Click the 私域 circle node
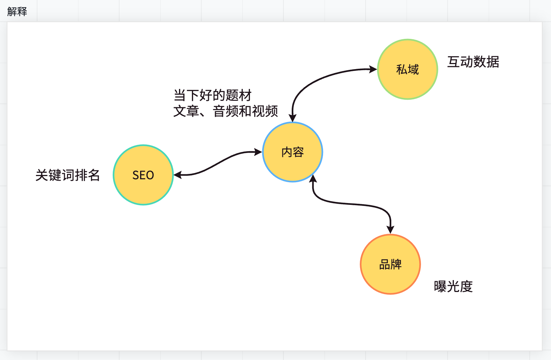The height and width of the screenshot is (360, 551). [x=408, y=69]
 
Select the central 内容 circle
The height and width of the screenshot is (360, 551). [x=292, y=152]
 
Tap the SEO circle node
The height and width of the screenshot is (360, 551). [x=143, y=175]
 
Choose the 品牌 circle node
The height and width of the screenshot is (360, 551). [x=390, y=264]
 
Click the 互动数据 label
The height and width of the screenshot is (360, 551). [x=473, y=62]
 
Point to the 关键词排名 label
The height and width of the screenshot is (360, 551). [x=68, y=175]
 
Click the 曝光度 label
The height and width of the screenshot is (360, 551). [x=453, y=287]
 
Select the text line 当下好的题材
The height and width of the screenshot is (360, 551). [x=212, y=95]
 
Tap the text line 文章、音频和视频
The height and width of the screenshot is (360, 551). [x=225, y=111]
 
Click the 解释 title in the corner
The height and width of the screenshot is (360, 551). [x=17, y=12]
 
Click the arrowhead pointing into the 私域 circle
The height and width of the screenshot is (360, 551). [x=373, y=69]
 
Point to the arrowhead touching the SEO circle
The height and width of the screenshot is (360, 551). [x=178, y=175]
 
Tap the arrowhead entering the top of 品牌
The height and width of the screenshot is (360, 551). [x=390, y=230]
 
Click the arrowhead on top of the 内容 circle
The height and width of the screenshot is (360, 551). [x=292, y=118]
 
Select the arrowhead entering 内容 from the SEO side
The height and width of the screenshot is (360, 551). [x=258, y=152]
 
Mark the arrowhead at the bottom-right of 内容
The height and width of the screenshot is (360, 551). [x=313, y=179]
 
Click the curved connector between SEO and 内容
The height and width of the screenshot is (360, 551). [x=218, y=163]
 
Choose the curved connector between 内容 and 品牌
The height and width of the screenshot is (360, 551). [x=352, y=204]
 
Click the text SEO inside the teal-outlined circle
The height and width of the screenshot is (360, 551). [x=143, y=175]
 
